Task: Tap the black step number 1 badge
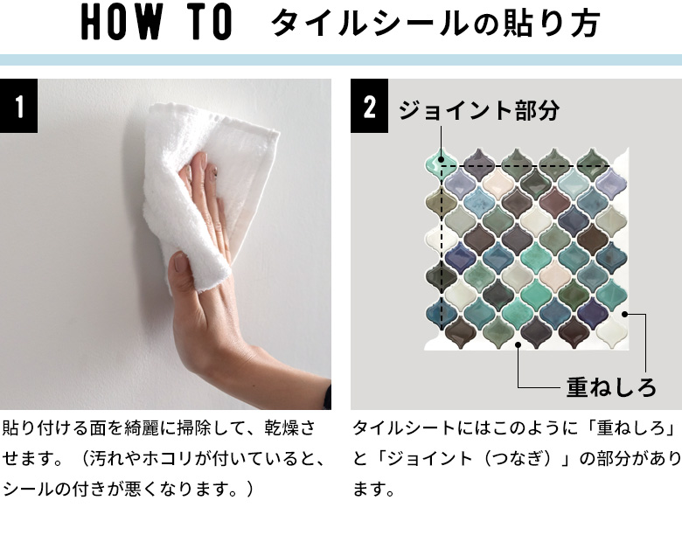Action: (x=19, y=108)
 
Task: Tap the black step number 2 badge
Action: (x=369, y=108)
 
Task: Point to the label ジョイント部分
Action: (x=478, y=110)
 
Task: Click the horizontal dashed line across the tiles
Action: (x=525, y=165)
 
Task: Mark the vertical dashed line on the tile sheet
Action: (x=442, y=254)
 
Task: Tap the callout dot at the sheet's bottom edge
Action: (x=518, y=344)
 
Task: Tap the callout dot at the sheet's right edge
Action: (x=626, y=314)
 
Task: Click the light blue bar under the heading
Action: (x=341, y=60)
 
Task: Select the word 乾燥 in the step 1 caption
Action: (x=282, y=430)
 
